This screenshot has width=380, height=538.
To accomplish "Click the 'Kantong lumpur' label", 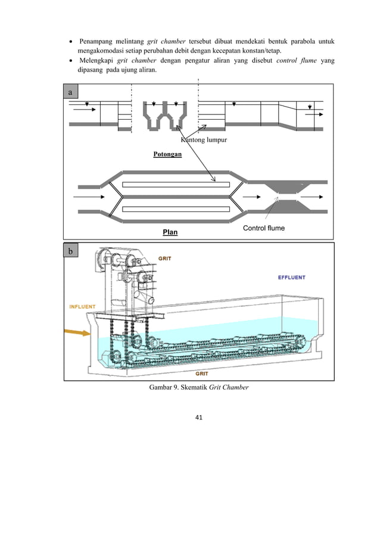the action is [x=204, y=139].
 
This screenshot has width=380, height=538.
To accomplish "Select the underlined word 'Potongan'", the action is [x=167, y=154].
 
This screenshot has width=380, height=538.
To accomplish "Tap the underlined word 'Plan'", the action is [x=170, y=232].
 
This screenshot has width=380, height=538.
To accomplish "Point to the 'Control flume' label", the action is [x=264, y=228].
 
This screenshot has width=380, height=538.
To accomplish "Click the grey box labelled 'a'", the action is [x=71, y=92].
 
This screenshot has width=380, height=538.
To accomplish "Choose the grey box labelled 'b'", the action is [x=71, y=250].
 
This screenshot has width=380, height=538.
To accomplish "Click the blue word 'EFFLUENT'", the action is [x=291, y=277].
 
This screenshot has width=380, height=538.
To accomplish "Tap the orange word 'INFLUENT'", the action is [x=82, y=306].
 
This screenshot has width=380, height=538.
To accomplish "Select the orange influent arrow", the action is [x=77, y=332].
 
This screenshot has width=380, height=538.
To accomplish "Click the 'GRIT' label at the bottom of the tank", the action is [x=202, y=374].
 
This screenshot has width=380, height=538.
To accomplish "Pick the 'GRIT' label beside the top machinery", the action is [x=164, y=259].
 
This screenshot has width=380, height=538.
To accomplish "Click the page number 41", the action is [x=198, y=417].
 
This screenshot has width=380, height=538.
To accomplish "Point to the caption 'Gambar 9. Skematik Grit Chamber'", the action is [x=199, y=387].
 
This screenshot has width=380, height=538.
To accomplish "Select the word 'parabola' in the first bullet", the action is [x=303, y=42].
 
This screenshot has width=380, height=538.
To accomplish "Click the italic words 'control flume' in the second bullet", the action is [x=297, y=60].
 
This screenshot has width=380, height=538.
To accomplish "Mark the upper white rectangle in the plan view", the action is [x=176, y=185].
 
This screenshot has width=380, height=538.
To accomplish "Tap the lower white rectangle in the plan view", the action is [x=176, y=209].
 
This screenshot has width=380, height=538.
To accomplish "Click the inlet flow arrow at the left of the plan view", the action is [x=89, y=197].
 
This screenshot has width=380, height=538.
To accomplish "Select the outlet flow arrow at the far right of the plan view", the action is [x=312, y=197].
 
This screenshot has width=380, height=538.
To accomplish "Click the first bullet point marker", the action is [x=71, y=42].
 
